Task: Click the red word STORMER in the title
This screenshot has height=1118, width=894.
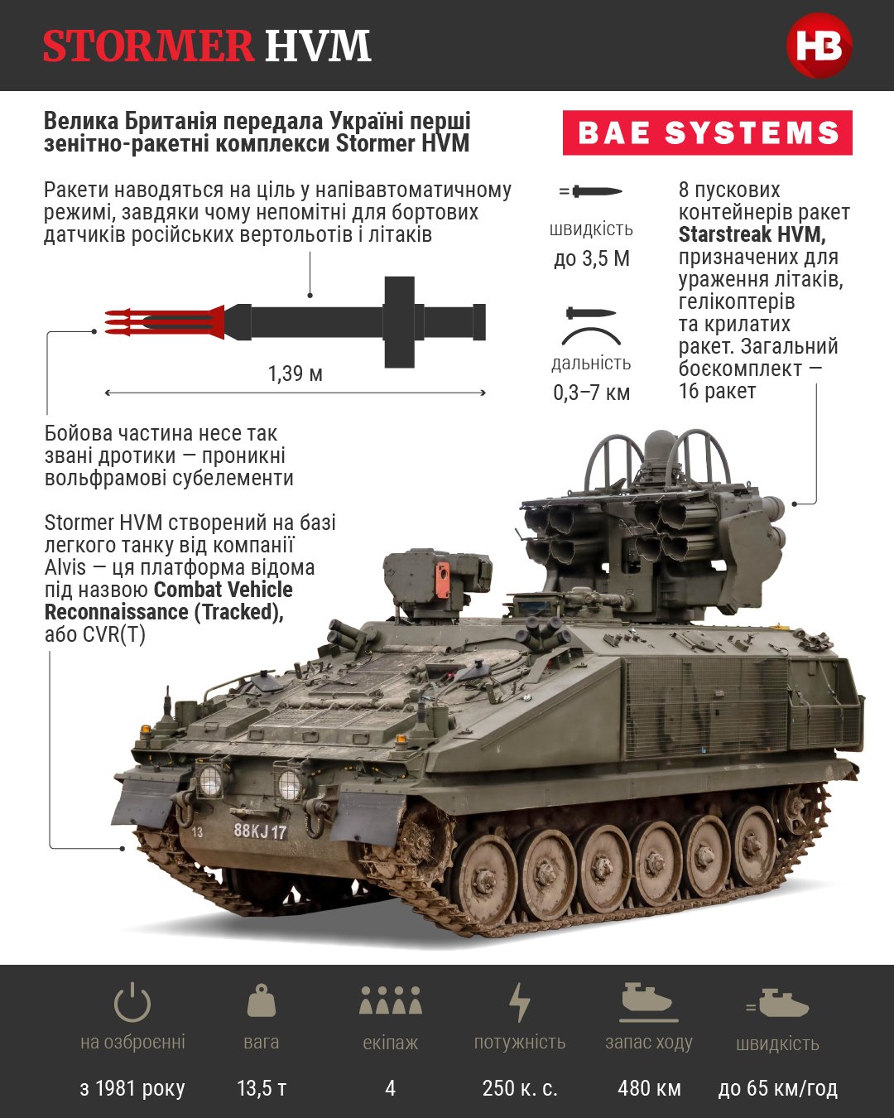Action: (147, 46)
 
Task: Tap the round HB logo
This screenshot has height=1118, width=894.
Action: (819, 46)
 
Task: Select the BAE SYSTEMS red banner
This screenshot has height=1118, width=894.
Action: (708, 133)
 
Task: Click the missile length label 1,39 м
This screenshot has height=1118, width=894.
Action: (295, 373)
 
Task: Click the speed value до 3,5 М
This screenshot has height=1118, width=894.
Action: (592, 258)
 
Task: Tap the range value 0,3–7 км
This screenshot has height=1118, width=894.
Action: (592, 393)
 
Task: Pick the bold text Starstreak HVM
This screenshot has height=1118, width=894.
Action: (751, 234)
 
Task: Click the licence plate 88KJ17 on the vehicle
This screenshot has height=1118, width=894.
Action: (260, 831)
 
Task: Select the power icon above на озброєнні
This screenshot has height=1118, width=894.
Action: (132, 1002)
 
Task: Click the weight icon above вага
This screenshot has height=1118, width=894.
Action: (262, 1000)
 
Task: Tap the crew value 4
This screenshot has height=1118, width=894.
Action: (390, 1088)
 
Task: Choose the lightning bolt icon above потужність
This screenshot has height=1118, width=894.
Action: (519, 1002)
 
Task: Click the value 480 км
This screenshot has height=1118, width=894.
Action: (649, 1088)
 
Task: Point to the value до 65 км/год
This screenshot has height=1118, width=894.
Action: (777, 1088)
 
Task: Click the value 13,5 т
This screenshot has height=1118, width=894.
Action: (262, 1088)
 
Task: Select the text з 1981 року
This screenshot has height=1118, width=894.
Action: (132, 1088)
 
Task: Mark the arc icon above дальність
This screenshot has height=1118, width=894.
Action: (591, 335)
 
